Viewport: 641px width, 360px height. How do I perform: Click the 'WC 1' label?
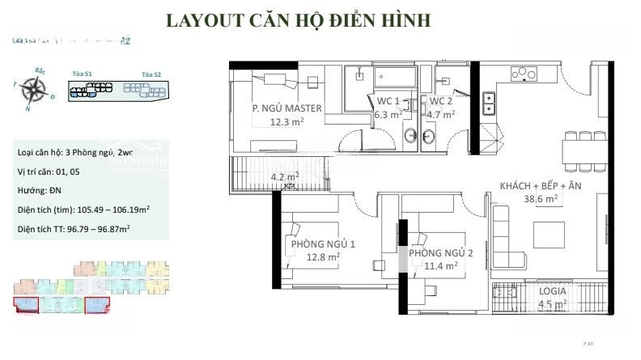point(388,101)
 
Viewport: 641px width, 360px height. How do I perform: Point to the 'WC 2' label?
point(440,101)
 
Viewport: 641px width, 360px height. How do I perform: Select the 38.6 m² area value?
point(540,198)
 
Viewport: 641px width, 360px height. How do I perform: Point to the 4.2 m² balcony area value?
point(284,176)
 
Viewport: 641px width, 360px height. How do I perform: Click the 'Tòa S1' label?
point(82,74)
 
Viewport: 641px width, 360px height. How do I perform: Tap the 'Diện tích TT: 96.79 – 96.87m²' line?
point(74,229)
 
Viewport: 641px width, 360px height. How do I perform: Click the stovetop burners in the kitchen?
point(524,74)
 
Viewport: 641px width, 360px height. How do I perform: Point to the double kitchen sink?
point(489,104)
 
